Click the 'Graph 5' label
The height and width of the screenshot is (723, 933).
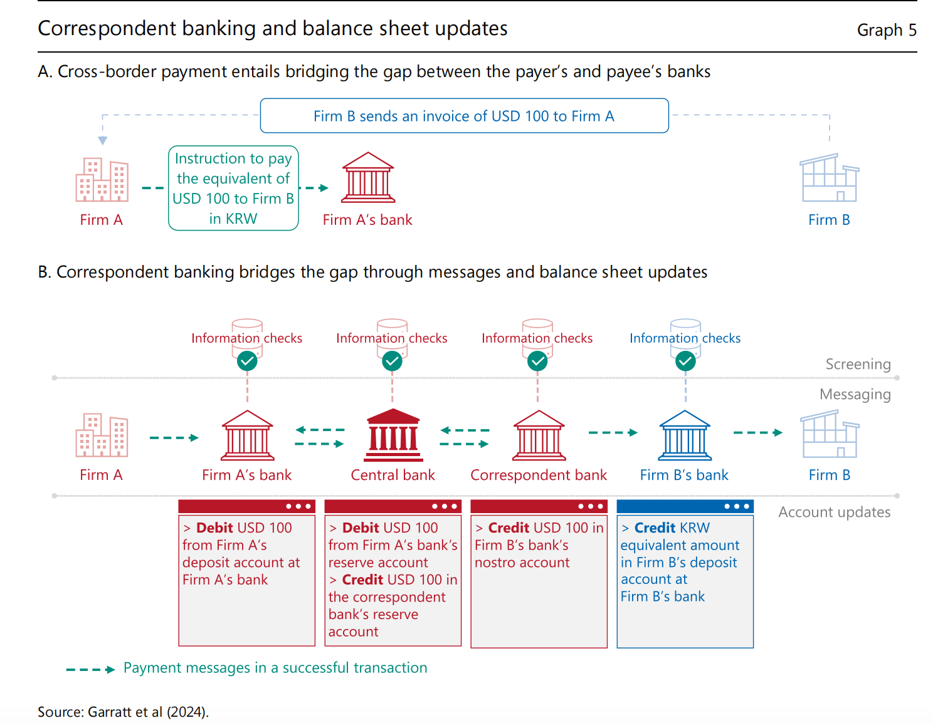(886, 30)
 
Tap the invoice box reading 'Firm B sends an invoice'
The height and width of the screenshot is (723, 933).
(464, 116)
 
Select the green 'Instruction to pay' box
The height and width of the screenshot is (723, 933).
(233, 188)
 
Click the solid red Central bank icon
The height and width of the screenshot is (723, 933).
(393, 435)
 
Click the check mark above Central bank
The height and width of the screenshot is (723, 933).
(393, 361)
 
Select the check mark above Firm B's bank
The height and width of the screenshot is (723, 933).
(685, 361)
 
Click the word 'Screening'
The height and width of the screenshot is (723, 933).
(858, 364)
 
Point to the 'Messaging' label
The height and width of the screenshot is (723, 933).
(855, 394)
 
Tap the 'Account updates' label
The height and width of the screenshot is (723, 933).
(834, 512)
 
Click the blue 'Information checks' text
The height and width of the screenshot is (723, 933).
(685, 338)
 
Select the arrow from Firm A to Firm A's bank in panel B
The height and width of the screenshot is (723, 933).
(174, 437)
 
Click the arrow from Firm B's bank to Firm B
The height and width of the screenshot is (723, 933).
(757, 432)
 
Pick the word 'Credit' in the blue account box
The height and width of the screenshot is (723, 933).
(654, 528)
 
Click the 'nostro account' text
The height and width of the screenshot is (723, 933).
(522, 563)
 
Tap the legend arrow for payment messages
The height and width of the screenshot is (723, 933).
(90, 669)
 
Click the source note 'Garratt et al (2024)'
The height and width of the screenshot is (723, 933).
(148, 712)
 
